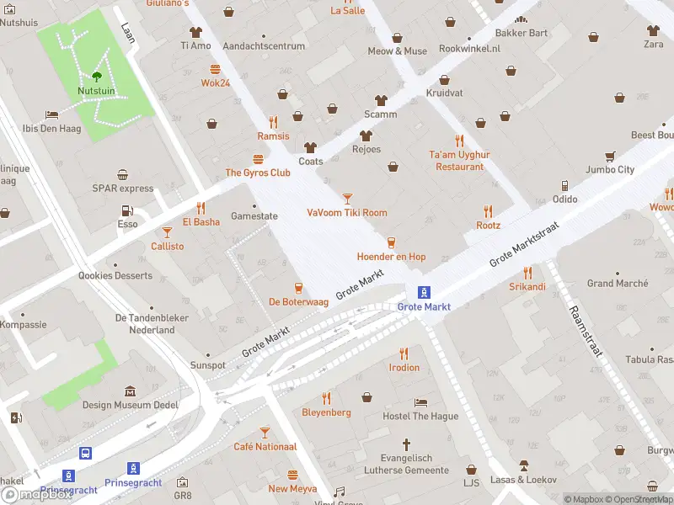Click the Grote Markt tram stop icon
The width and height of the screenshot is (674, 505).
click(x=425, y=292)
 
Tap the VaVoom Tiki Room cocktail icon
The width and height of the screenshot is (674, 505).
click(x=347, y=198)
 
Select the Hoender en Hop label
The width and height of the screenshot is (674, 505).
click(x=391, y=257)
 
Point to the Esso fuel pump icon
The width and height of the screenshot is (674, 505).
click(x=127, y=210)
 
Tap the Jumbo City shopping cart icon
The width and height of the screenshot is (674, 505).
click(x=609, y=156)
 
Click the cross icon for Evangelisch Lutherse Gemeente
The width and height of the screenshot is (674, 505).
click(x=406, y=444)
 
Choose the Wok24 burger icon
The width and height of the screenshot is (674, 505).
click(x=216, y=69)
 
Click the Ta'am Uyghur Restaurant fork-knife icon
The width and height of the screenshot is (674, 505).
click(x=459, y=141)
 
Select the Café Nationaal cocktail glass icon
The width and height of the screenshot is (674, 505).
click(x=265, y=432)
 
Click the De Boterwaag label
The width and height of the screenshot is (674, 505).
click(x=297, y=301)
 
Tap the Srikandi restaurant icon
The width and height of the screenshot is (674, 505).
click(x=527, y=272)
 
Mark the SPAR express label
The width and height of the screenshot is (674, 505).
click(x=123, y=189)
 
